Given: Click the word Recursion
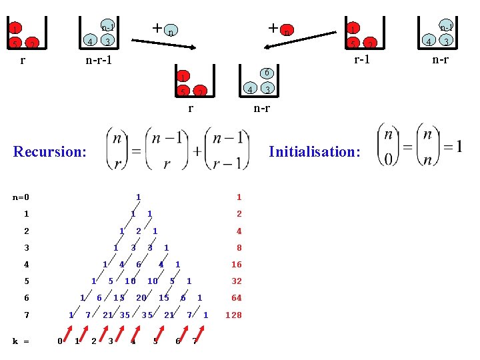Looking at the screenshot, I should (x=50, y=151).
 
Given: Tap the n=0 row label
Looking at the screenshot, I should (x=21, y=197).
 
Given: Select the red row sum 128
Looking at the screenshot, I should (x=235, y=315).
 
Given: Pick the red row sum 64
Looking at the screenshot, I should (x=237, y=298).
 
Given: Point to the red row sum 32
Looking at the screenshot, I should (x=237, y=281).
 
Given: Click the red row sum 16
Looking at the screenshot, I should (x=237, y=265).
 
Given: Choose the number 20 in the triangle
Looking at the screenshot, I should (x=142, y=298).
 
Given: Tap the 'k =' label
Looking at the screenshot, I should (x=21, y=341).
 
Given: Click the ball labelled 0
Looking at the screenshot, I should (x=265, y=73).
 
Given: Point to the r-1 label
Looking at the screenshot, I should (x=362, y=59).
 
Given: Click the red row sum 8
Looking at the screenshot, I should (x=239, y=248).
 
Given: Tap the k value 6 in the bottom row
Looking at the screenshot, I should (x=177, y=342).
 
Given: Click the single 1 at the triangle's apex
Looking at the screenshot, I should (x=138, y=197).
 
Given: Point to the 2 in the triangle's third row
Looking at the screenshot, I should (x=138, y=231).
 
